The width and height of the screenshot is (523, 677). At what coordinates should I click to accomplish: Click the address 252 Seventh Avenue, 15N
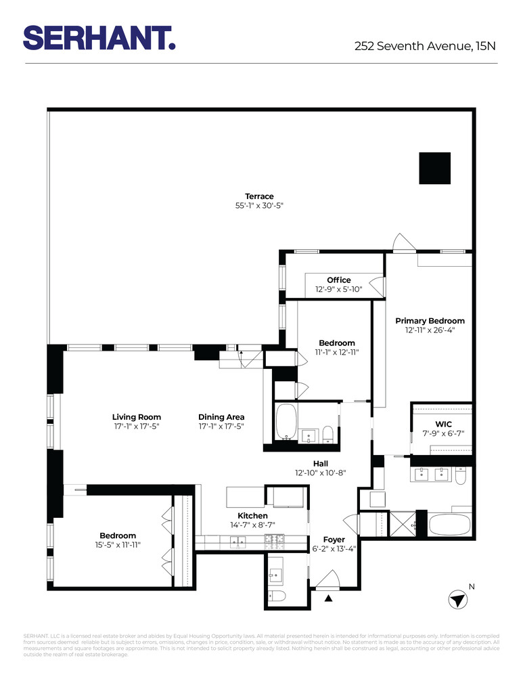click(x=426, y=47)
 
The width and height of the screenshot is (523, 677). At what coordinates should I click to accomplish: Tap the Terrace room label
click(x=259, y=196)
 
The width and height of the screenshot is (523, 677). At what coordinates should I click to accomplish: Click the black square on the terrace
click(x=434, y=167)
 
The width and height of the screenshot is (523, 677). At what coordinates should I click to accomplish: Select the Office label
click(x=338, y=280)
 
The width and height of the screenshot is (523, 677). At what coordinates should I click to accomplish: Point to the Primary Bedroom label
click(x=430, y=321)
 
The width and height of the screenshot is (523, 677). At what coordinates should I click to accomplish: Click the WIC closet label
click(x=444, y=424)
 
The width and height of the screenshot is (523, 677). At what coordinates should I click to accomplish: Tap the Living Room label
click(x=137, y=417)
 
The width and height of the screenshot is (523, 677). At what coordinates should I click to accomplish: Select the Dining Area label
click(x=221, y=417)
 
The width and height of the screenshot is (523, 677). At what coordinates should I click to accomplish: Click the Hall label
click(x=321, y=464)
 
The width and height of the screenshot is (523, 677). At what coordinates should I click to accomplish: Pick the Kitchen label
click(x=252, y=516)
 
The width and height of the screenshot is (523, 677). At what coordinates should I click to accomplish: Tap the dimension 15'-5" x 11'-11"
click(x=118, y=544)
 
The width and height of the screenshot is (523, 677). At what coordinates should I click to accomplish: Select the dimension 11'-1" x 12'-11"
click(x=336, y=352)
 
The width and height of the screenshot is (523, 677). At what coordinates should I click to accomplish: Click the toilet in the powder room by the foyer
click(x=277, y=596)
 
